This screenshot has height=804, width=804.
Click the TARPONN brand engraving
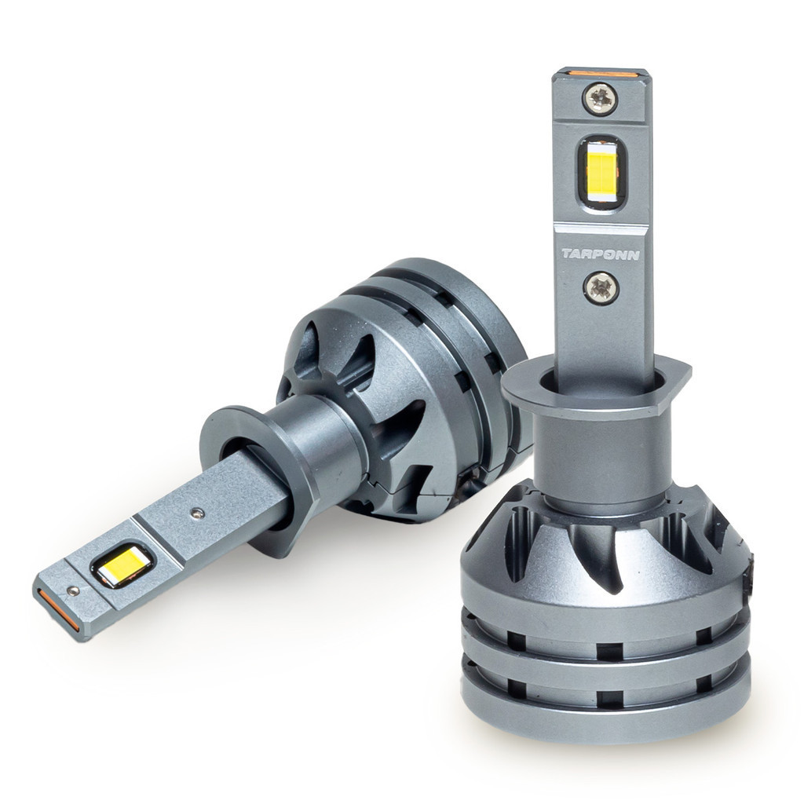[x=601, y=254]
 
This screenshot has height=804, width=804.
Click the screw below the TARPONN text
[x=601, y=287]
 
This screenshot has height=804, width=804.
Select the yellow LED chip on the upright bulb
[x=601, y=172]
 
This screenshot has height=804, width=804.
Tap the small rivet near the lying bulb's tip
[x=72, y=590]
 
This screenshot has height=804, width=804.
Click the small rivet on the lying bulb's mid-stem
[x=196, y=512]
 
